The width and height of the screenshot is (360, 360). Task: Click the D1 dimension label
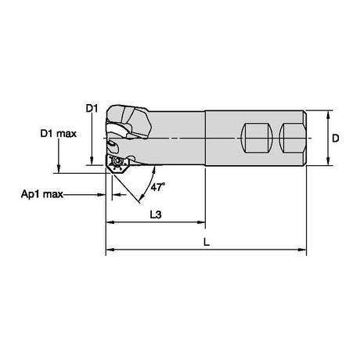click(92, 108)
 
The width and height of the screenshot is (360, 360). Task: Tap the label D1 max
click(59, 134)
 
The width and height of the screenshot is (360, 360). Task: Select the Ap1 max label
click(42, 194)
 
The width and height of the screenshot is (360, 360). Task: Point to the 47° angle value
click(158, 187)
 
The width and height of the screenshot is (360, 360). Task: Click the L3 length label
click(156, 214)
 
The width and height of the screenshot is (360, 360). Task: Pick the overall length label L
click(207, 243)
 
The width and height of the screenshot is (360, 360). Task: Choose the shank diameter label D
click(336, 138)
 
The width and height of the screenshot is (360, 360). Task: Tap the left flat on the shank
click(257, 138)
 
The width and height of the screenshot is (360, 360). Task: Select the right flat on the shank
click(291, 138)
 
